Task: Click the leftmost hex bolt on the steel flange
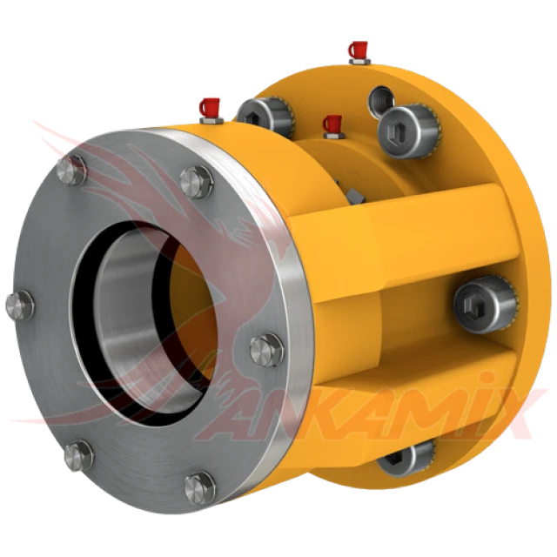point(20,305)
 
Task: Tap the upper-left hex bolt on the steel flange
point(71,171)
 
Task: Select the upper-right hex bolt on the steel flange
point(197,183)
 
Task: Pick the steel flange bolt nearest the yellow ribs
point(267,350)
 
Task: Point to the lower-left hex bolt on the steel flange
point(78,456)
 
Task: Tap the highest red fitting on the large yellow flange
point(359,52)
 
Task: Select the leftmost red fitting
point(211,111)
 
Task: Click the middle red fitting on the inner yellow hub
point(333,126)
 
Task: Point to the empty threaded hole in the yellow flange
point(381,101)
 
